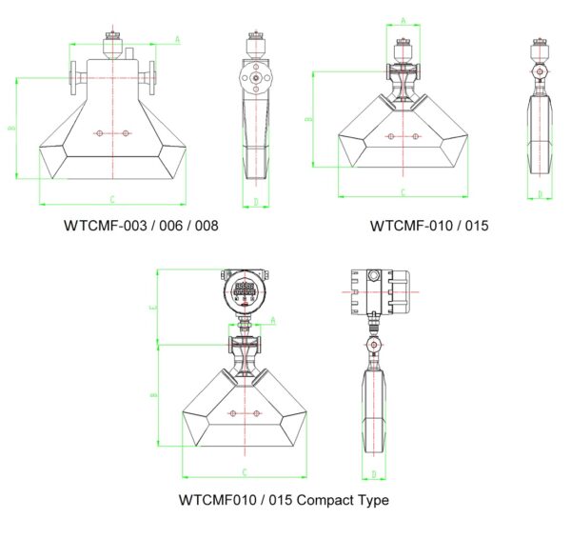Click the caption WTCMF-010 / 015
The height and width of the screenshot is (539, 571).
(x=428, y=227)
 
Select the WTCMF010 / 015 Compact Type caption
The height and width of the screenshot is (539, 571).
(x=284, y=500)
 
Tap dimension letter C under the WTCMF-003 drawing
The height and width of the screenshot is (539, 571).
(x=112, y=199)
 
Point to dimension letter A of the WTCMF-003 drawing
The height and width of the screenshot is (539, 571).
(x=177, y=39)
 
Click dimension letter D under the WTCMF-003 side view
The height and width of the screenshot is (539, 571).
(x=255, y=201)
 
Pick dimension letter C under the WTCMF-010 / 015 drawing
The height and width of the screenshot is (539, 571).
(x=403, y=192)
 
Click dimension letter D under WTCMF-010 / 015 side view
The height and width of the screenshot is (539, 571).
(x=540, y=194)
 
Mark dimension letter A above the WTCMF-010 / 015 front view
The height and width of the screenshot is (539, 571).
(x=404, y=20)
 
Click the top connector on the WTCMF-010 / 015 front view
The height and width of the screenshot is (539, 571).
(x=404, y=47)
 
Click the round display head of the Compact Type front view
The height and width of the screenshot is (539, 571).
(x=245, y=289)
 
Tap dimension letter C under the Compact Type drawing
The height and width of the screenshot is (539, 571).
(x=245, y=471)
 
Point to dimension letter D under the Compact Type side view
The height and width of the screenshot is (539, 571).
(x=374, y=473)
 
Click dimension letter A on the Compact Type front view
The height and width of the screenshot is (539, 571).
(x=272, y=321)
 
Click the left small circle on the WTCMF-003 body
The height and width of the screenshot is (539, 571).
(x=99, y=134)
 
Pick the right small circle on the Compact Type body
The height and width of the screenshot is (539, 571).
(x=257, y=413)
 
